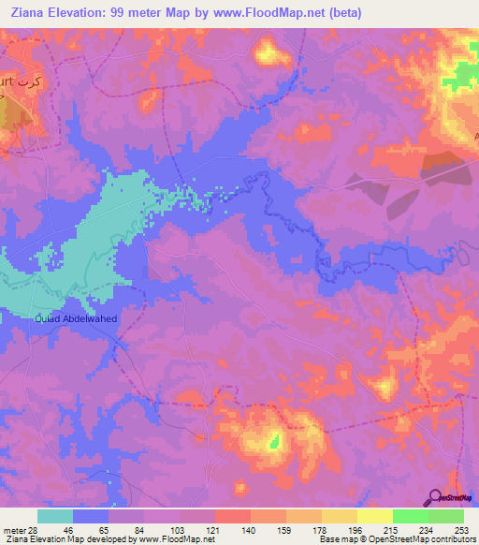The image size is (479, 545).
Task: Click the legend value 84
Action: [x=144, y=529]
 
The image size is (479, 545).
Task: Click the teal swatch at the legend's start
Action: [x=55, y=516]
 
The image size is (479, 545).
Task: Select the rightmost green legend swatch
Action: [x=445, y=516]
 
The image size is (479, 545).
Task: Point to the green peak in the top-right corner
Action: [x=464, y=73]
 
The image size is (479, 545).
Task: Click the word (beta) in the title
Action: [x=341, y=13]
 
